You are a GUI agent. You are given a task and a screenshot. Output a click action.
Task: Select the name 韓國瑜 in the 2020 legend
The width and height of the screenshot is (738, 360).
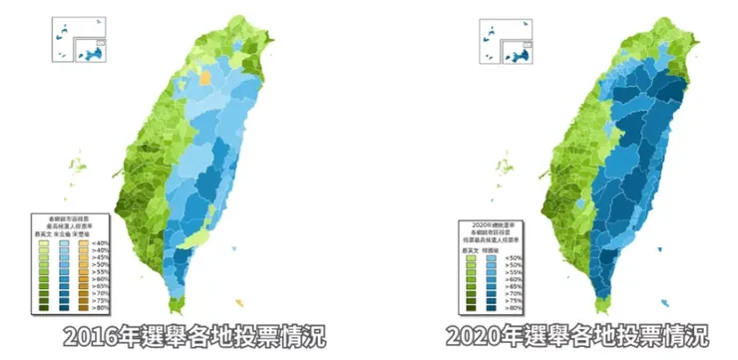click(491, 249)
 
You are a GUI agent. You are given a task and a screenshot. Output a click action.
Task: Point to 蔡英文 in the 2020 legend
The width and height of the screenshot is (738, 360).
click(470, 249)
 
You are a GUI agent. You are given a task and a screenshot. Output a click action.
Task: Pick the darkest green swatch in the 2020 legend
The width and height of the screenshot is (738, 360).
click(470, 309)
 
